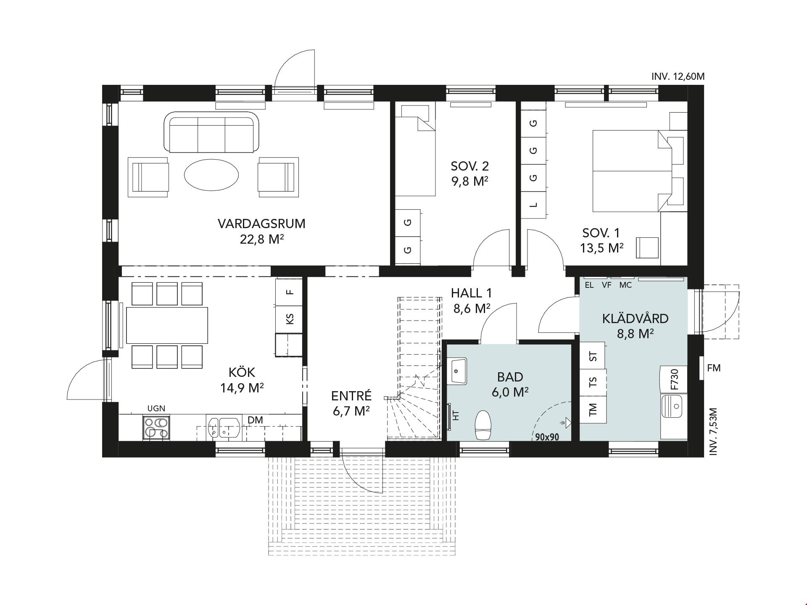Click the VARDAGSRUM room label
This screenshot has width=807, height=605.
coord(261,224)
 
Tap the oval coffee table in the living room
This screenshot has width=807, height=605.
coord(211,174)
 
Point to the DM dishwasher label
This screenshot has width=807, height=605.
coord(255,420)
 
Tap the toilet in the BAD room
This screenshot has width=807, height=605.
coord(483,425)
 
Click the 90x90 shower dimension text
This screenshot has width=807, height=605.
coord(547,437)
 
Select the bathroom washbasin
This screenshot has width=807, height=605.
coord(459,371)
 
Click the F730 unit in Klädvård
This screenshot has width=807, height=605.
coord(673,379)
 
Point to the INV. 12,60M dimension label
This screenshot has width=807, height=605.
coord(678,76)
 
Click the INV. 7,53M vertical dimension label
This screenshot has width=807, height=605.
coord(713,431)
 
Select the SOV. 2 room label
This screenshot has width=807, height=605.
coord(469,166)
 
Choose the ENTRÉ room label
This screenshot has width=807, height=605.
coord(351,396)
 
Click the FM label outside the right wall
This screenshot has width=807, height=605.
coord(714,368)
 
